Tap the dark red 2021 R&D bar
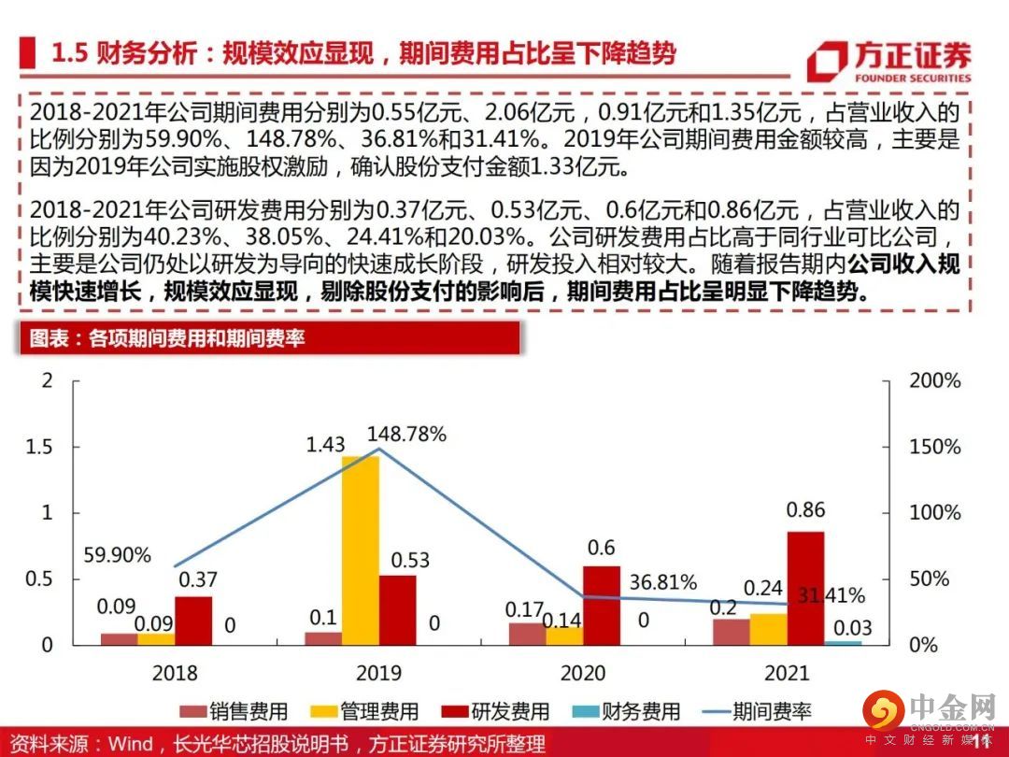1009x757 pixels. pyautogui.click(x=806, y=587)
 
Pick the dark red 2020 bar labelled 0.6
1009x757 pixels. pyautogui.click(x=602, y=605)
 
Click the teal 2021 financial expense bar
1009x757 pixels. pyautogui.click(x=843, y=642)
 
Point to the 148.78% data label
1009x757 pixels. pyautogui.click(x=406, y=434)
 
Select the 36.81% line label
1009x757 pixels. pyautogui.click(x=663, y=582)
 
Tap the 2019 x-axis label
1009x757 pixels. pyautogui.click(x=378, y=673)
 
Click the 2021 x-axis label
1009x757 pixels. pyautogui.click(x=786, y=673)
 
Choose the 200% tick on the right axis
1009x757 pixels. pyautogui.click(x=935, y=381)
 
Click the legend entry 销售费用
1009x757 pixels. pyautogui.click(x=234, y=711)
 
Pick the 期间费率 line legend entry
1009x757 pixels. pyautogui.click(x=757, y=711)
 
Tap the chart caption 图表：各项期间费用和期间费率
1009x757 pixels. pyautogui.click(x=168, y=338)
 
